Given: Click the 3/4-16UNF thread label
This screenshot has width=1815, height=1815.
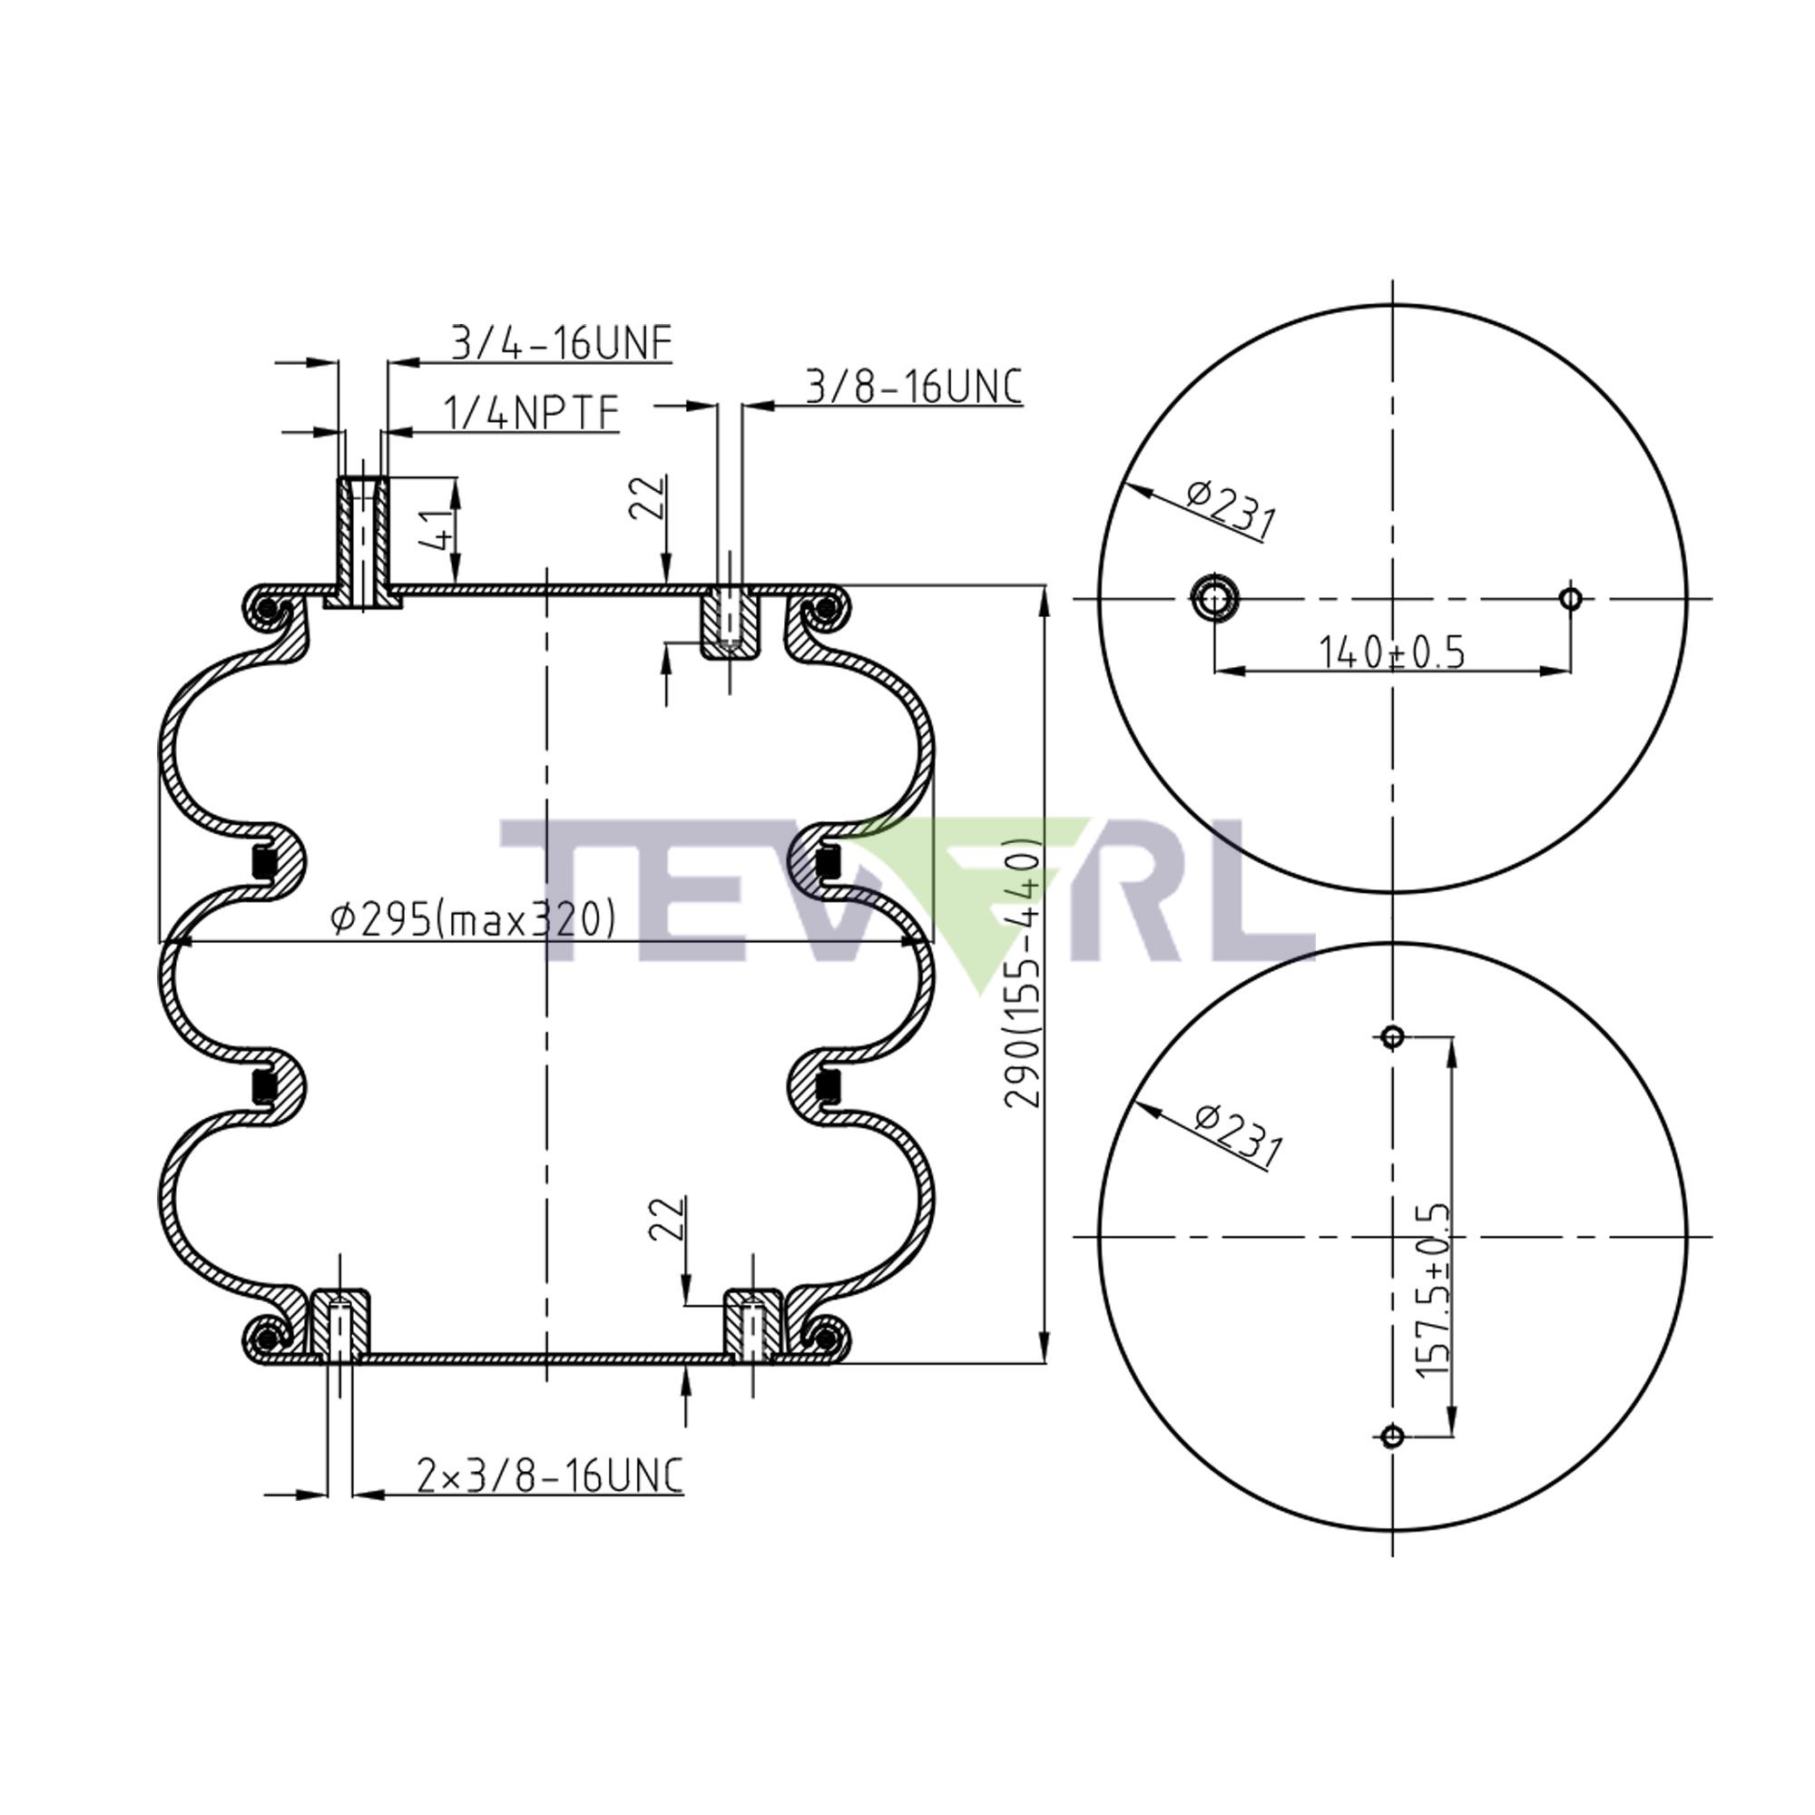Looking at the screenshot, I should click(x=562, y=344).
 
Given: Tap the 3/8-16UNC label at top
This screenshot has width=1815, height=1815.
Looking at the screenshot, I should click(x=913, y=388).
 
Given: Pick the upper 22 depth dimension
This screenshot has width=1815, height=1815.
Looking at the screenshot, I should click(x=648, y=498).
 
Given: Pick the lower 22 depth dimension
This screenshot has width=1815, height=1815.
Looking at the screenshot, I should click(x=668, y=1220).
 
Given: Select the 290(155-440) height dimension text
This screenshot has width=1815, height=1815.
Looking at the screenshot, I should click(x=1024, y=972).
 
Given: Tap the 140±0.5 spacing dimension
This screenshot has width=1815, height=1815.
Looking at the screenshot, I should click(x=1391, y=652).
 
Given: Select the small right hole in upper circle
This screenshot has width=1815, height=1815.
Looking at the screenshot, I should click(x=1570, y=597).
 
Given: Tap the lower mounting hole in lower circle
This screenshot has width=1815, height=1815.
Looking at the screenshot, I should click(x=1392, y=1436).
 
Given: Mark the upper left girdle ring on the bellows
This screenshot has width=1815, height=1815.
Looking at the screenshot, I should click(x=265, y=860).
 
